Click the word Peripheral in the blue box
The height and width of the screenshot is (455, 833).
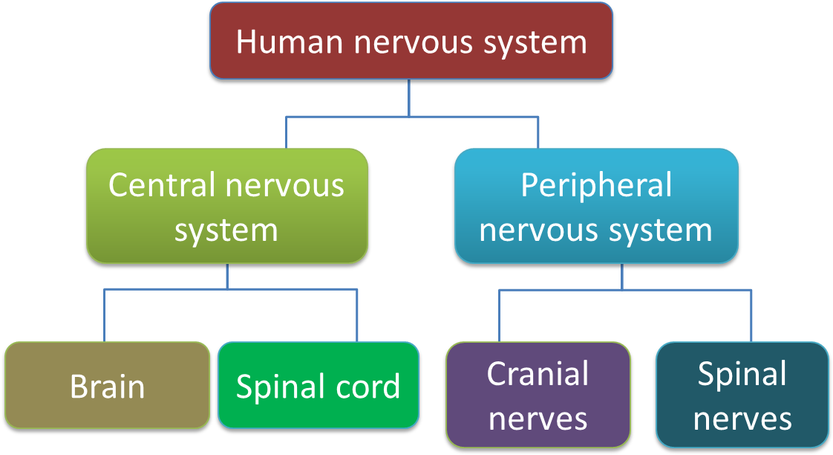point(596,184)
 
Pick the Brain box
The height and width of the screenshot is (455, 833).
point(108,386)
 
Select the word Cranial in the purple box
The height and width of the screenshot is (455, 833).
point(538,373)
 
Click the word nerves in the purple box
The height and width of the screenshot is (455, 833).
point(538,418)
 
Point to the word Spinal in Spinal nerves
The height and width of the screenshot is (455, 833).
point(742,373)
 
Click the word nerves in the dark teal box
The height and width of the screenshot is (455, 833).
point(742,418)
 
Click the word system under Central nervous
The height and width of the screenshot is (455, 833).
point(226,230)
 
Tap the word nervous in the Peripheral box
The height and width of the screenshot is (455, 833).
point(535,230)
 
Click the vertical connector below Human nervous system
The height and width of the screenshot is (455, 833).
point(409,97)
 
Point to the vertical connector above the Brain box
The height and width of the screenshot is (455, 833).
point(105,316)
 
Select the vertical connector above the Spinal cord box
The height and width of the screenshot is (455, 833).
point(358,316)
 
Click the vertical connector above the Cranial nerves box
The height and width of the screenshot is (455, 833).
point(499,316)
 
